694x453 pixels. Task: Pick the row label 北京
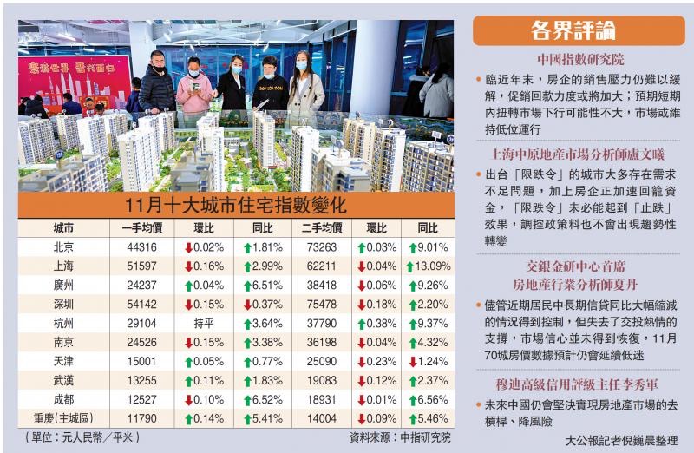62,247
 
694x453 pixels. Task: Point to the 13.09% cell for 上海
427,266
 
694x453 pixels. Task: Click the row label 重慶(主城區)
62,417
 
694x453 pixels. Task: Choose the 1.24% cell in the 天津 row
427,361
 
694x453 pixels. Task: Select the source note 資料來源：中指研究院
400,437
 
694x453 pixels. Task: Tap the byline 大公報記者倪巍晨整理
620,440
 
